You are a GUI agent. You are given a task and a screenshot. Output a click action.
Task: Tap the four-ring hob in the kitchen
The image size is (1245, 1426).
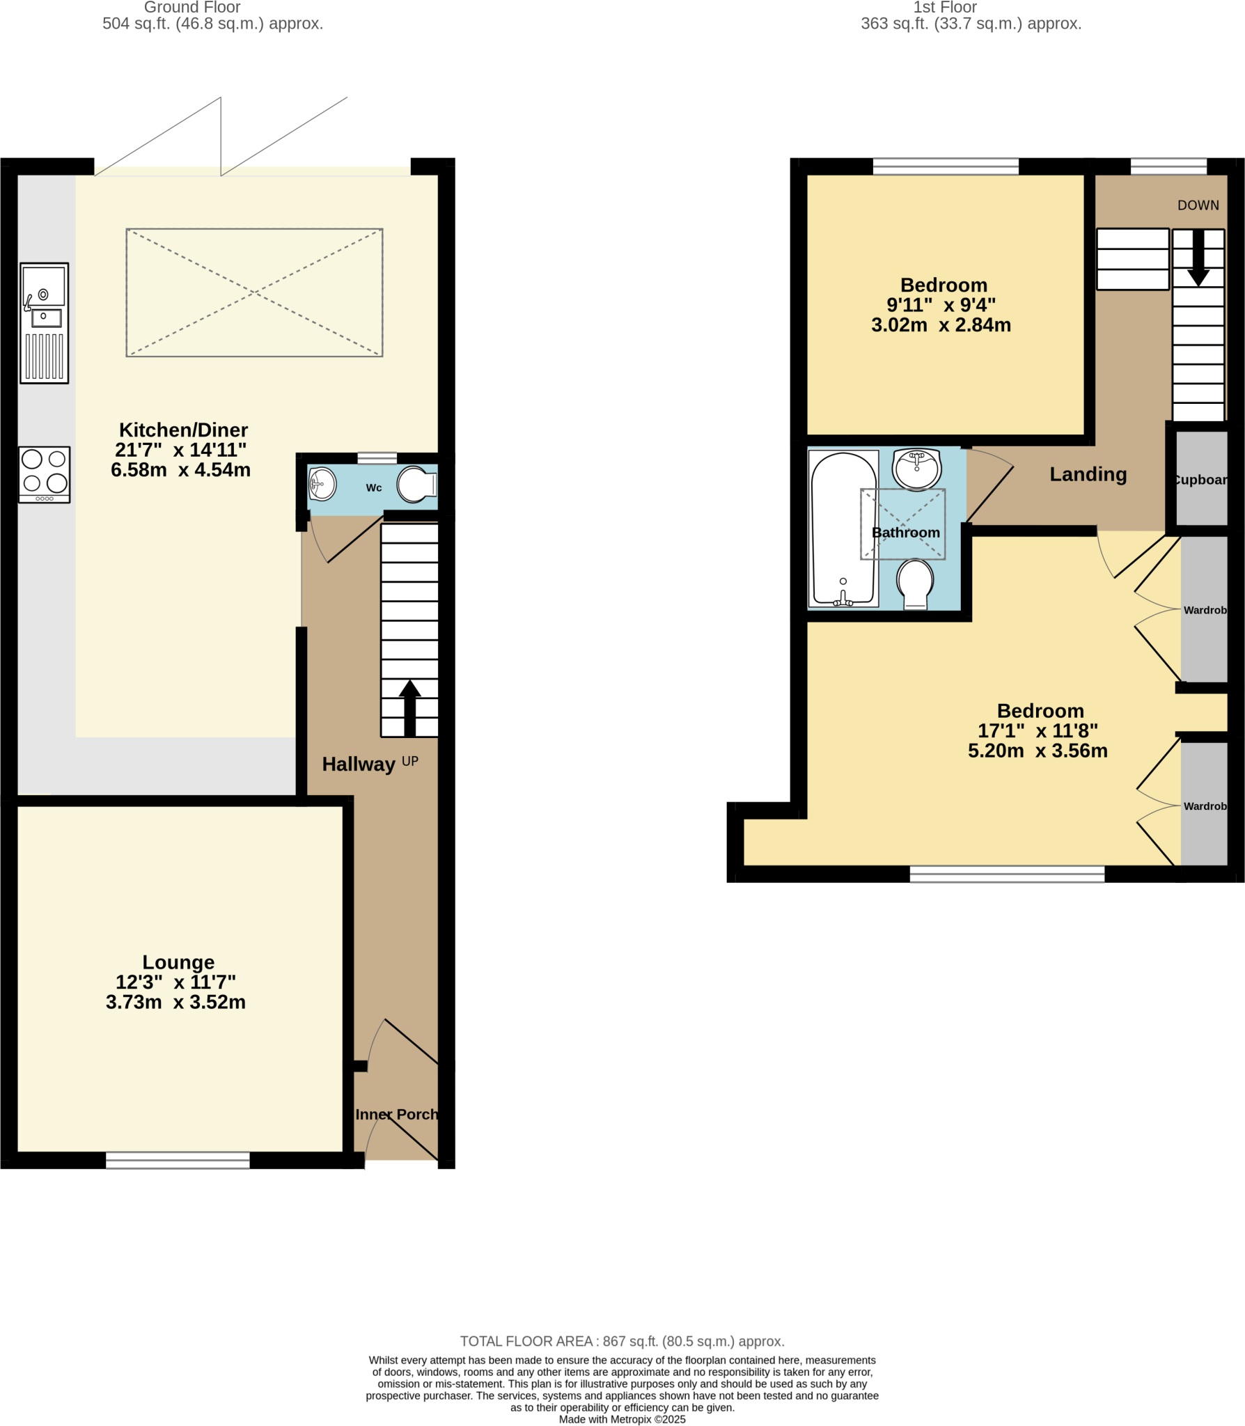44,473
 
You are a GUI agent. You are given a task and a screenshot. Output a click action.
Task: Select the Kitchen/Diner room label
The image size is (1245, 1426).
183,430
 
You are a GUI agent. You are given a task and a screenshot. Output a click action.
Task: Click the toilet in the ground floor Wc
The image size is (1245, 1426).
416,484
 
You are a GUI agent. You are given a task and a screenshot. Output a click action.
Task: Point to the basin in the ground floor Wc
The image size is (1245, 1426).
322,483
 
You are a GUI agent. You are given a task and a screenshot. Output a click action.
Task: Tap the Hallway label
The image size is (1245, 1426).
358,764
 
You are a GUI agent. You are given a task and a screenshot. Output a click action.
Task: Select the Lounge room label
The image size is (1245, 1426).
178,962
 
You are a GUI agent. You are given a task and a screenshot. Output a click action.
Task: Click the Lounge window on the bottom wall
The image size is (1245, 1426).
178,1159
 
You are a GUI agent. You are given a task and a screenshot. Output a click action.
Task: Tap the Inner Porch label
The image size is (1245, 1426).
396,1114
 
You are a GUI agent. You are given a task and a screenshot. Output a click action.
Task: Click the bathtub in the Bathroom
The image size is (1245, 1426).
843,528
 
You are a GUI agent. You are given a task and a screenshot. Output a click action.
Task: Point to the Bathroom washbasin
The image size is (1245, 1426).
917,469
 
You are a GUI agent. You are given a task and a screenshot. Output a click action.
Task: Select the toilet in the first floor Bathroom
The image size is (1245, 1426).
915,583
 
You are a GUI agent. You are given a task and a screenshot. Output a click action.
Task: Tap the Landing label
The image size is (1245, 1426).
1088,474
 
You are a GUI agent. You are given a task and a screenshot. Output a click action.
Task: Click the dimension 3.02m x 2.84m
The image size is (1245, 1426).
941,324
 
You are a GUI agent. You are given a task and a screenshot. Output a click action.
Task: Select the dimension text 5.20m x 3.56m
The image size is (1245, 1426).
1037,751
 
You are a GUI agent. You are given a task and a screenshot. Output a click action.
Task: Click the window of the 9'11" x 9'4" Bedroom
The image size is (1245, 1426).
945,166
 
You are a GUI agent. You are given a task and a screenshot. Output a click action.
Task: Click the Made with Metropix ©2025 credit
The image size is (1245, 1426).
622,1419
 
